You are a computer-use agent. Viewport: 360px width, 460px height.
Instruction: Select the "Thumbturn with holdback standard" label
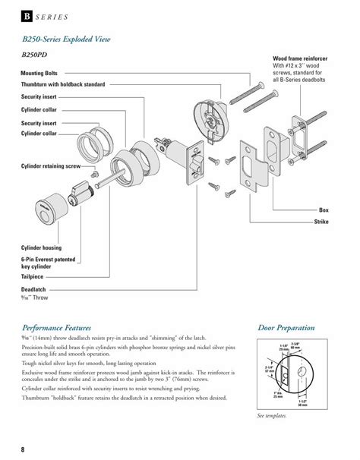62,83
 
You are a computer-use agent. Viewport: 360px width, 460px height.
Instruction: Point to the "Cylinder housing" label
41,248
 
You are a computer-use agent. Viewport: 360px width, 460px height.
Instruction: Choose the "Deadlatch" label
34,290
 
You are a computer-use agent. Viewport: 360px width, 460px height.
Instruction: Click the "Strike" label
320,220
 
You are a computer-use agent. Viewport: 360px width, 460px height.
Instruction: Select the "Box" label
323,209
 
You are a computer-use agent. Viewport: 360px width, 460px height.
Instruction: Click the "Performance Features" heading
56,329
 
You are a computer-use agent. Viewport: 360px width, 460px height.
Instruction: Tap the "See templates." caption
271,417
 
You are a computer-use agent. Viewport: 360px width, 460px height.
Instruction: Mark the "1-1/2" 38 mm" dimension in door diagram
302,403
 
